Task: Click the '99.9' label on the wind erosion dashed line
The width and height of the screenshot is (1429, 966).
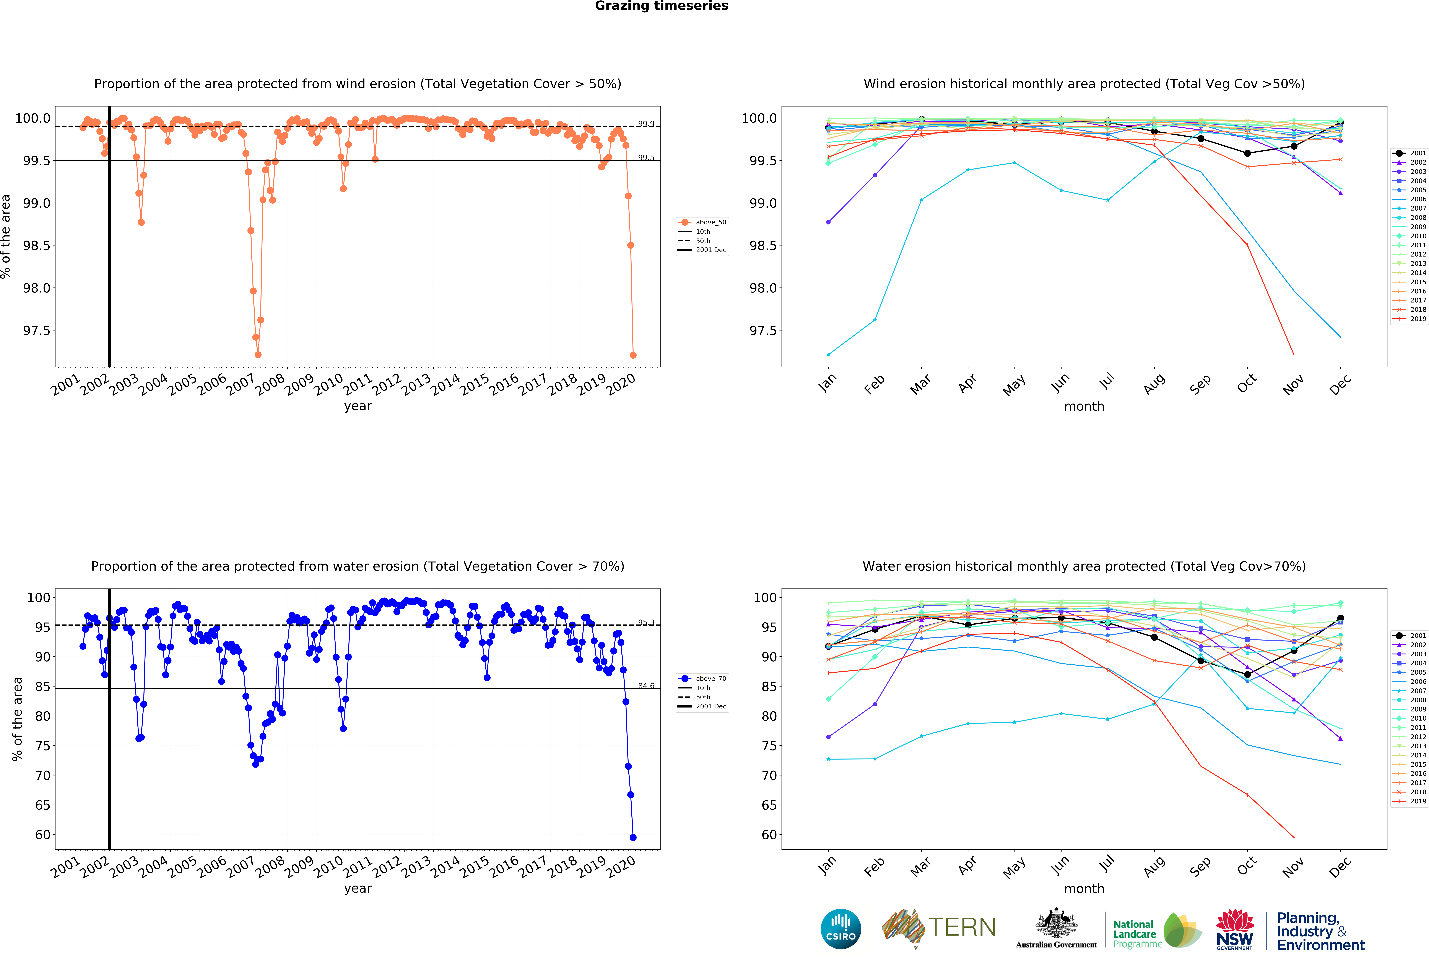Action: coord(646,124)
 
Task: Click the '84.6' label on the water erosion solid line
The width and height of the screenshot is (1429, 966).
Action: coord(646,685)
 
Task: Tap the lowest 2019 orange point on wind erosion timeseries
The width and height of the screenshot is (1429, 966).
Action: coord(633,355)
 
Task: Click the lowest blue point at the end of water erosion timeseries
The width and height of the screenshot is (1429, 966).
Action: coord(633,837)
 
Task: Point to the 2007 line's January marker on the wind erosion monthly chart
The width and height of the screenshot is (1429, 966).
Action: coord(828,354)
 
